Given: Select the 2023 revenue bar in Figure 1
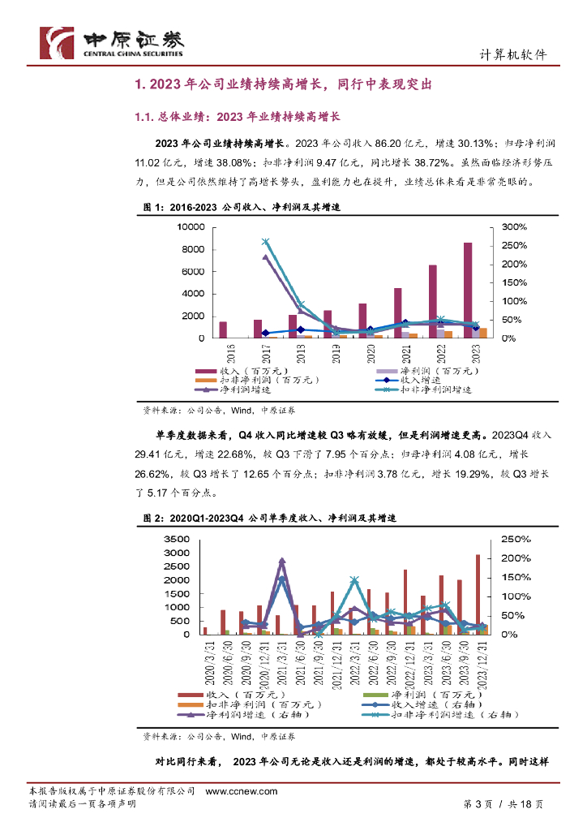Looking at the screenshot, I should point(468,290).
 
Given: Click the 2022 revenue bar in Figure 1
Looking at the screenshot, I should point(433,301).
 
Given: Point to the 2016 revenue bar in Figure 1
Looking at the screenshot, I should point(223,329).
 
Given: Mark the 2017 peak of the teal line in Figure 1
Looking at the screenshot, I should point(265,242).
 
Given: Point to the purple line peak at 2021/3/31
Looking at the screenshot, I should point(281,561).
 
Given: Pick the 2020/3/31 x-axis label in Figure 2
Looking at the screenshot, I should point(206,661).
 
